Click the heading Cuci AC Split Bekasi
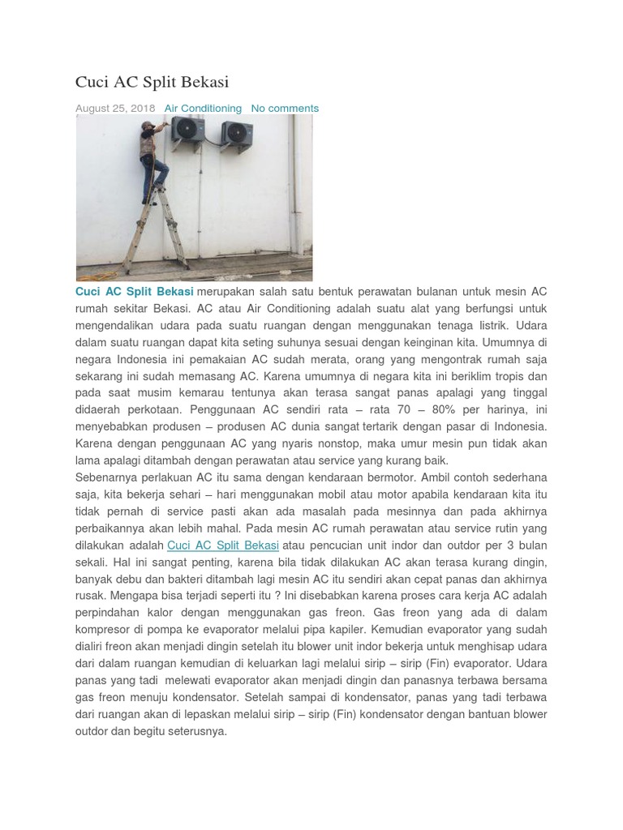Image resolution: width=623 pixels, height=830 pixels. coord(152,82)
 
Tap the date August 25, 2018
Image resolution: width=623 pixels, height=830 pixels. coord(115,108)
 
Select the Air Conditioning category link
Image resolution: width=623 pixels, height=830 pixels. coord(203,108)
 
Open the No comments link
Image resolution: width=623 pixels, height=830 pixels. coord(285,108)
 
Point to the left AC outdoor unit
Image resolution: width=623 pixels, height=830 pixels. coord(188,131)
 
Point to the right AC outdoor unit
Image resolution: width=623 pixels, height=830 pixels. coord(236,133)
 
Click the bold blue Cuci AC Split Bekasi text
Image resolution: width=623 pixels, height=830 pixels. coord(134,292)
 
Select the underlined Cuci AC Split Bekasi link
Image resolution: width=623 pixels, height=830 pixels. coord(223,545)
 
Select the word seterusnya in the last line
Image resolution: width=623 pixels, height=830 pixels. coord(197,731)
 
